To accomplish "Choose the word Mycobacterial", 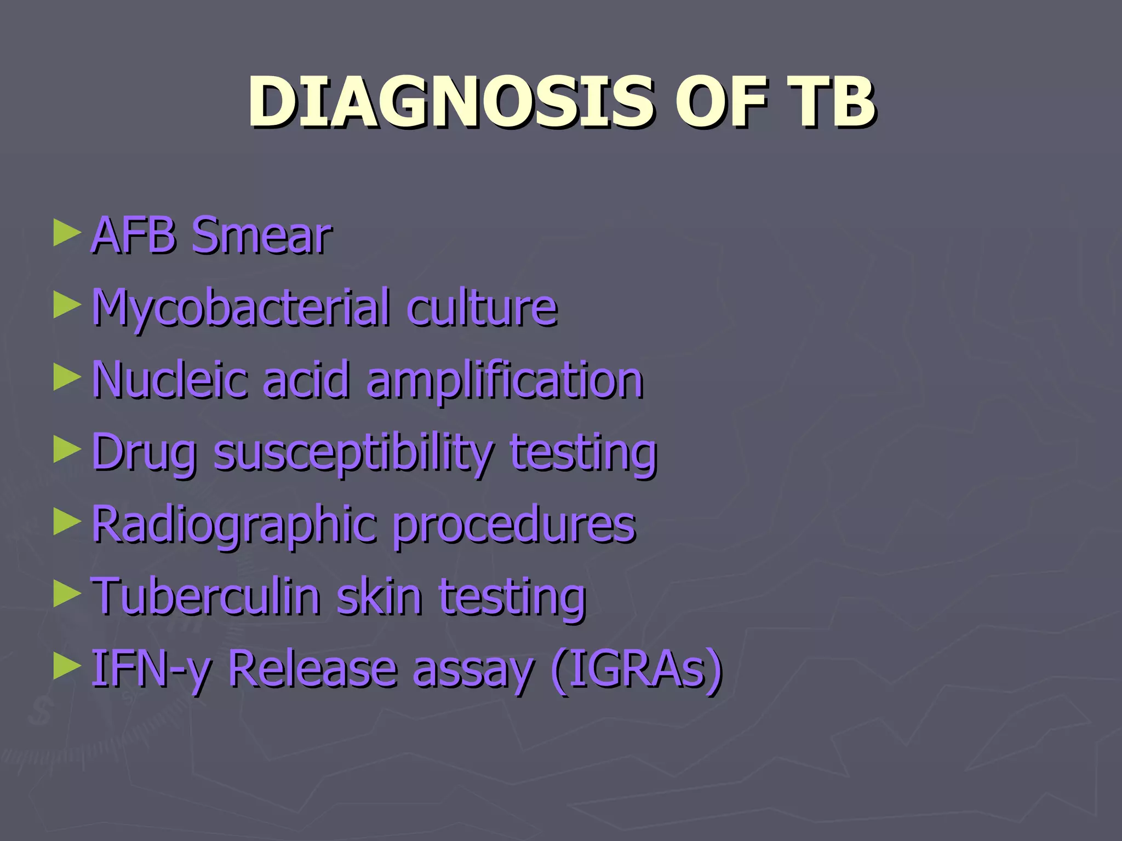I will (241, 308).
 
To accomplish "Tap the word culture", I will (482, 308).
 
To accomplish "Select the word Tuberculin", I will (205, 596).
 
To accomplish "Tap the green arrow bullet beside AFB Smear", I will (67, 234).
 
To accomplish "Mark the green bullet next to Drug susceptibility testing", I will (67, 451).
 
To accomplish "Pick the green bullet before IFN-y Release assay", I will (67, 666).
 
